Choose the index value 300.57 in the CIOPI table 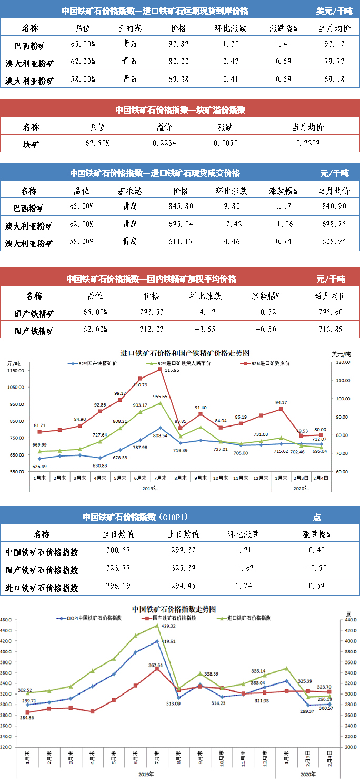118,551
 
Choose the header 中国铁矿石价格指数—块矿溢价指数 180,110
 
